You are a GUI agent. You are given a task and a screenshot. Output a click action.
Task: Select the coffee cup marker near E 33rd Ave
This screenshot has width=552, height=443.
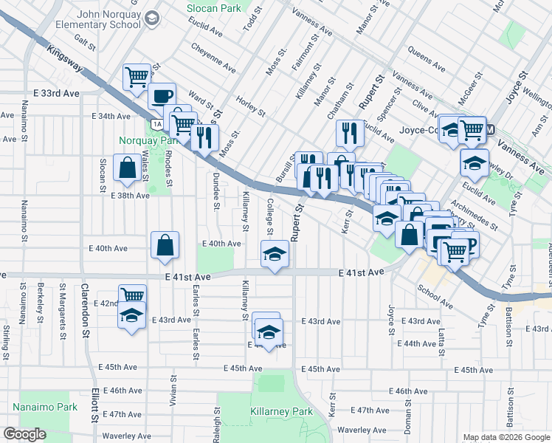click(162, 95)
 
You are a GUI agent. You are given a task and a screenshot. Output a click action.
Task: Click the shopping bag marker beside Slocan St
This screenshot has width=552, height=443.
click(127, 168)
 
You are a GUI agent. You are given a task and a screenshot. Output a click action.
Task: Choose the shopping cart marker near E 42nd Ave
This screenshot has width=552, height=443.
click(132, 296)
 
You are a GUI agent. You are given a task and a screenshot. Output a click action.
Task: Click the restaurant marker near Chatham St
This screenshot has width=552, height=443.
click(349, 133)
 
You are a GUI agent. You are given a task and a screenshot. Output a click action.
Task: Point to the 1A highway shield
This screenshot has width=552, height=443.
click(158, 123)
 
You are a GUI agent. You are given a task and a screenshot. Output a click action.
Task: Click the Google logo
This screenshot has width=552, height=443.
click(24, 434)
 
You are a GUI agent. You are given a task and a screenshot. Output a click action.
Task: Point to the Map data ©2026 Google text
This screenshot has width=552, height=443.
click(506, 437)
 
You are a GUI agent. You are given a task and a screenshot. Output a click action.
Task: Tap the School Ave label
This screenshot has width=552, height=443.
click(435, 295)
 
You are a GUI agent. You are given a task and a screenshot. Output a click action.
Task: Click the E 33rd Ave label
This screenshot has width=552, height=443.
click(56, 94)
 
